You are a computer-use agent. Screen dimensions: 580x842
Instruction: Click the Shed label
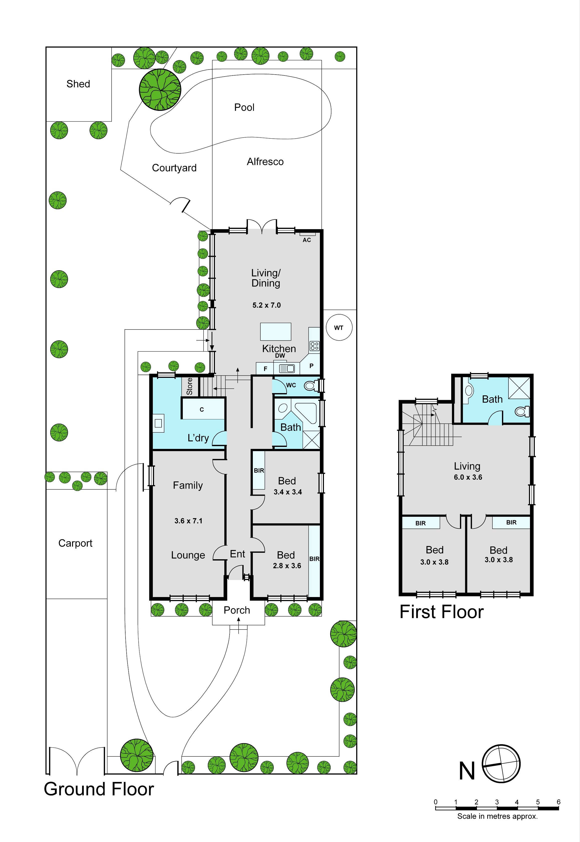(x=78, y=84)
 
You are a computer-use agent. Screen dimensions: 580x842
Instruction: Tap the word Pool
(x=244, y=107)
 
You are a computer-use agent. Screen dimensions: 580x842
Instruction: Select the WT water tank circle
(x=339, y=328)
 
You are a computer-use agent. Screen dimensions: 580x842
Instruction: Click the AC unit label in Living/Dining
(x=307, y=240)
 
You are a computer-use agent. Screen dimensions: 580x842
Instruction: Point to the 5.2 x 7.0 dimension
(x=267, y=305)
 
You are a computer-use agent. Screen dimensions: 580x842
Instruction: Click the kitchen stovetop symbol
(x=314, y=346)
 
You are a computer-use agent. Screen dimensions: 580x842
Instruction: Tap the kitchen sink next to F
(x=287, y=369)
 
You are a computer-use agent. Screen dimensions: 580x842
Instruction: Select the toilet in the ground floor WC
(x=311, y=385)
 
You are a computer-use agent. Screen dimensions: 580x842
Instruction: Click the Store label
(x=189, y=386)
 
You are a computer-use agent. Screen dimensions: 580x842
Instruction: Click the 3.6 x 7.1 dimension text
(x=188, y=521)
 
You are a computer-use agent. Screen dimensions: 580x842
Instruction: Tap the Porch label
(x=237, y=610)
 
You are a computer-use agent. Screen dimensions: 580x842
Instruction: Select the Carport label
(x=75, y=543)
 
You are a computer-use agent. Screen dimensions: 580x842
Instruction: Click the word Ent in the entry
(x=238, y=554)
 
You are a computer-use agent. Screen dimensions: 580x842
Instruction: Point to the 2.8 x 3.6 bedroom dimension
(x=287, y=566)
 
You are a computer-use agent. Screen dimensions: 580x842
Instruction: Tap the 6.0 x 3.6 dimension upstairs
(x=468, y=477)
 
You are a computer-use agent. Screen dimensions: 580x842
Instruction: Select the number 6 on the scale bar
(x=558, y=802)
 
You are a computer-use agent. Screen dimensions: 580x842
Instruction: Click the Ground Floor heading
(x=99, y=789)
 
